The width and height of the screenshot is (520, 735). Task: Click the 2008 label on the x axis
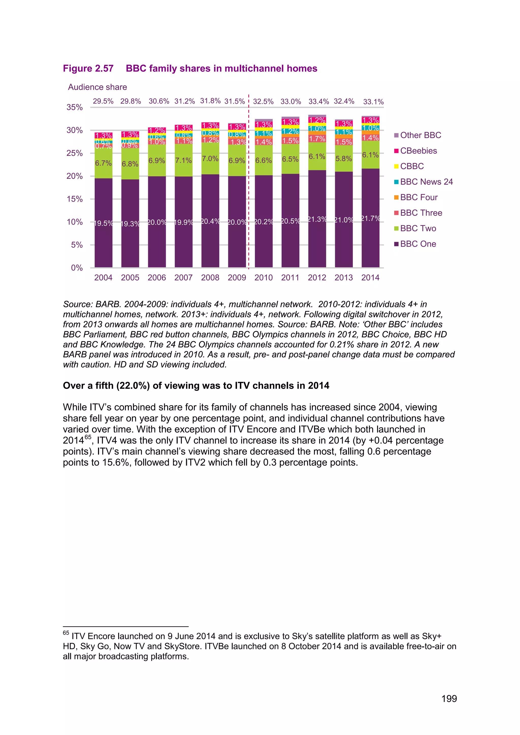[210, 278]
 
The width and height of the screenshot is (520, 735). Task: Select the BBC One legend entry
[418, 244]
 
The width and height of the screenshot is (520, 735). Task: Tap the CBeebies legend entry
[418, 151]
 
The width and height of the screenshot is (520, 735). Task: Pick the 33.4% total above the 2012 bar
[318, 102]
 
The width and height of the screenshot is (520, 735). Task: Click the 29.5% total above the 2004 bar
[103, 101]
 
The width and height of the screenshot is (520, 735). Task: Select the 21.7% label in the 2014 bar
[370, 218]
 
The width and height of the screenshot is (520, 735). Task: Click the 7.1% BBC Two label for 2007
[184, 160]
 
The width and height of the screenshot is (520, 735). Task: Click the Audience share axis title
[97, 87]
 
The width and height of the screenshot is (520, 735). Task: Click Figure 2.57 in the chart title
[88, 69]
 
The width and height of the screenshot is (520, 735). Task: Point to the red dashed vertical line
[249, 192]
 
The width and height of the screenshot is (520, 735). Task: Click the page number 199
[449, 698]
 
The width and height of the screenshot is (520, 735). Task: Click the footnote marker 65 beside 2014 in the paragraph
[88, 437]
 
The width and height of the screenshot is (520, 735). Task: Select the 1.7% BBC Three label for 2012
[317, 139]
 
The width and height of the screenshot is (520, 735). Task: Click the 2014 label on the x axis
[370, 278]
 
